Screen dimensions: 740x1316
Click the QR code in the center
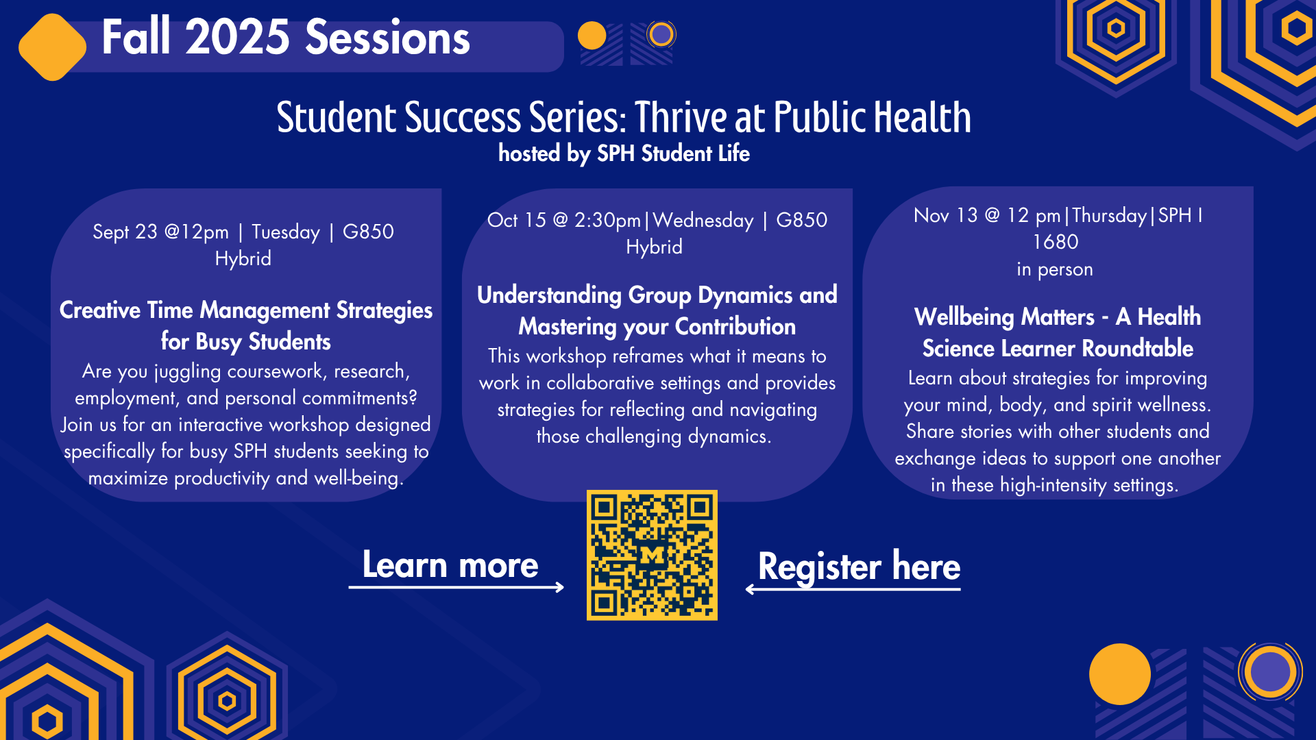[652, 555]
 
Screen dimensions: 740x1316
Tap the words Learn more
[450, 565]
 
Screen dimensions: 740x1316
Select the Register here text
[859, 567]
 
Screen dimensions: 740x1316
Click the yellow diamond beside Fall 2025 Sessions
[52, 47]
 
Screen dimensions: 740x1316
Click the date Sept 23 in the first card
[125, 232]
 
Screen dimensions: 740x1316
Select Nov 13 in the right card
[945, 215]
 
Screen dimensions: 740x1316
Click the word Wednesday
[703, 220]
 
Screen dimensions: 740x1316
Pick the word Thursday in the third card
[1109, 215]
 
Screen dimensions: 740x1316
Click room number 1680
[1056, 242]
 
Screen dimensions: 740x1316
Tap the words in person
[1055, 269]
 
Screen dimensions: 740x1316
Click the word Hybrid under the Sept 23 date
[243, 258]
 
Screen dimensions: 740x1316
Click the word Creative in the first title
[100, 310]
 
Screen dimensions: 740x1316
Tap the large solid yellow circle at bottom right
[1119, 674]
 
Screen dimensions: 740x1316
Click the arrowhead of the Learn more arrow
[559, 587]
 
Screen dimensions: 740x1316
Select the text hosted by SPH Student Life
[624, 153]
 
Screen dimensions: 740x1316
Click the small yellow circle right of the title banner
[592, 36]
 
